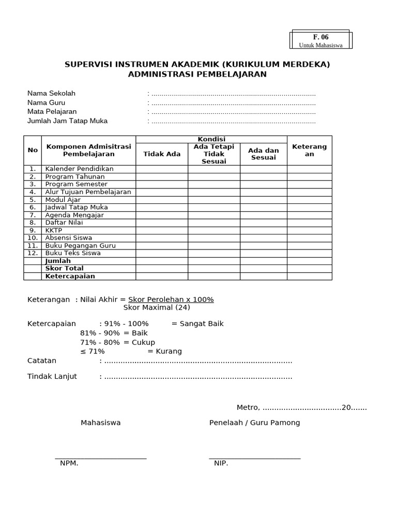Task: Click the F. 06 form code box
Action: [320, 40]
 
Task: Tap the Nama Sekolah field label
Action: [51, 93]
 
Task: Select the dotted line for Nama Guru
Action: [233, 103]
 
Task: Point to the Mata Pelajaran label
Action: [52, 112]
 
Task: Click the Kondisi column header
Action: [211, 139]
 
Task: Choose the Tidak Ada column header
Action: [162, 154]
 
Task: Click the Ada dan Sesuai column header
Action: [263, 154]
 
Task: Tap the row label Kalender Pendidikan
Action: [79, 169]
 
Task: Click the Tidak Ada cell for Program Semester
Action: [162, 184]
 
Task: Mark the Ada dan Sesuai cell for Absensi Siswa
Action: [263, 238]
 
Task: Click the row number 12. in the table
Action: [33, 253]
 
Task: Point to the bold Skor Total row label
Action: [64, 269]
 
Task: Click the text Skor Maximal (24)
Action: [157, 307]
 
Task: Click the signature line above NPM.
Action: [101, 458]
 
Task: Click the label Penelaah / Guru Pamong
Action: [254, 423]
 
